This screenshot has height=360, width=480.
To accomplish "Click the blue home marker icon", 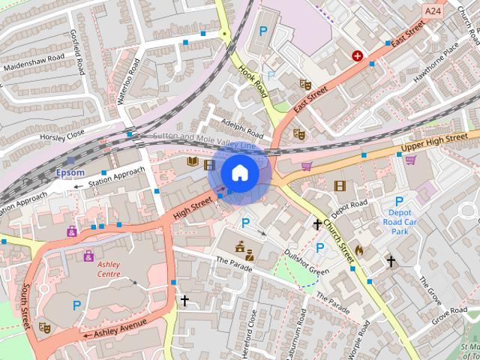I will (240, 173).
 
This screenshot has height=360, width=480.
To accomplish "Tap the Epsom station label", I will (70, 172).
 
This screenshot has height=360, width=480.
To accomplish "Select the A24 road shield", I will (432, 11).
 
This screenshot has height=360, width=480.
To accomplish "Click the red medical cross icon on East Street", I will (358, 55).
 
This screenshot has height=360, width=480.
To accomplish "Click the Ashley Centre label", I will (108, 269).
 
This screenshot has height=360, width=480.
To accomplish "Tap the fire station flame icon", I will (358, 250).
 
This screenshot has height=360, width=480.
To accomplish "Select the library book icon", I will (192, 161).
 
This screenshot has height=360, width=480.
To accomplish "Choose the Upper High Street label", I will (433, 141).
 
